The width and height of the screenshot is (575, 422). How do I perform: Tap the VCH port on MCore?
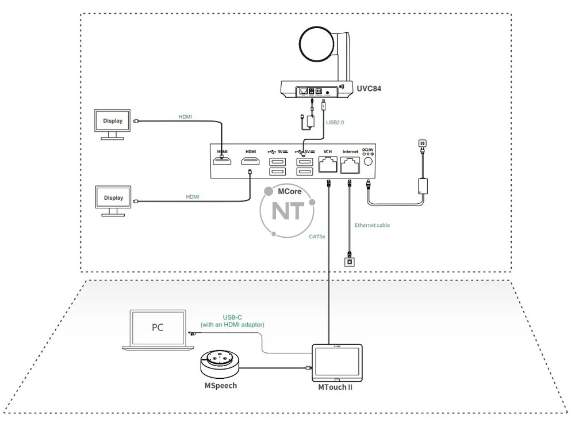(x=328, y=166)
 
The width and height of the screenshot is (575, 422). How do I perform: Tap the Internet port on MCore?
(x=350, y=166)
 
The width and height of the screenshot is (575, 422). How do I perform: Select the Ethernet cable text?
(x=372, y=225)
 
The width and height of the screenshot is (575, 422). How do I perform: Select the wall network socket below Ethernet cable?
(x=348, y=261)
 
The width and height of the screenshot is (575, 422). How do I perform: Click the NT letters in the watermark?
(x=287, y=211)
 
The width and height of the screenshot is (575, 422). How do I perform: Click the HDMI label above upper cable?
(x=185, y=117)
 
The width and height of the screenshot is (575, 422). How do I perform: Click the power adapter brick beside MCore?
(x=424, y=186)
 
